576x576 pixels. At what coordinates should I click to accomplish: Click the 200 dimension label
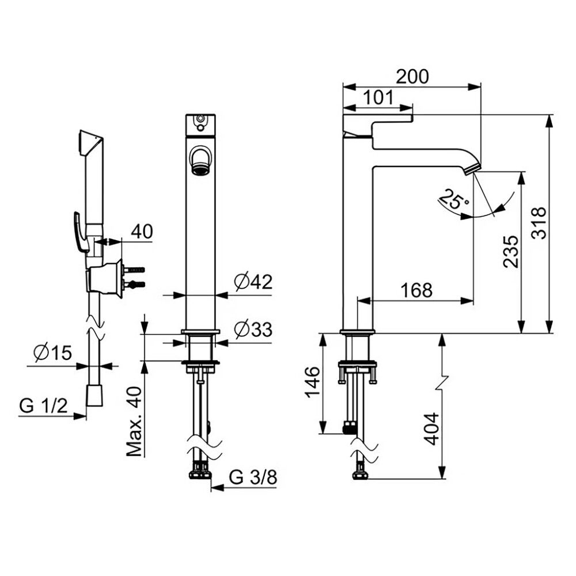tap(412, 77)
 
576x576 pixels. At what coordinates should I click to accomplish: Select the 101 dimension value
tap(378, 98)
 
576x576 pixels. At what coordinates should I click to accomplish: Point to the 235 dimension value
tap(511, 252)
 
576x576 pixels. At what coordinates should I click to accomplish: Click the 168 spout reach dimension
tap(416, 290)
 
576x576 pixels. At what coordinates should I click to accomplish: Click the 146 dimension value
tap(313, 382)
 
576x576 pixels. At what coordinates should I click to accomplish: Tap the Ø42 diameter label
tap(253, 282)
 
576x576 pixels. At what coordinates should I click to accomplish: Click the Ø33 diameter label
tap(253, 329)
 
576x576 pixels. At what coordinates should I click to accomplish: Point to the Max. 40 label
tap(134, 422)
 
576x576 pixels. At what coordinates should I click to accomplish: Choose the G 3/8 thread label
tap(253, 477)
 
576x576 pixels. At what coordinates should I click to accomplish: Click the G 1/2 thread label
tap(43, 406)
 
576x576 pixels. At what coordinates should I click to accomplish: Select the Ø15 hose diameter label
tap(52, 353)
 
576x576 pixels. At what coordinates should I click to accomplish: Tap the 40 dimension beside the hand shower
tap(142, 232)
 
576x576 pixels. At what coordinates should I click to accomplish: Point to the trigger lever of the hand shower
tap(81, 232)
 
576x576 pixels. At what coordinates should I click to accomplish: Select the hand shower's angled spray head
tap(90, 144)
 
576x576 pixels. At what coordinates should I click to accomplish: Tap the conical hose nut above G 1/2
tap(95, 396)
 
